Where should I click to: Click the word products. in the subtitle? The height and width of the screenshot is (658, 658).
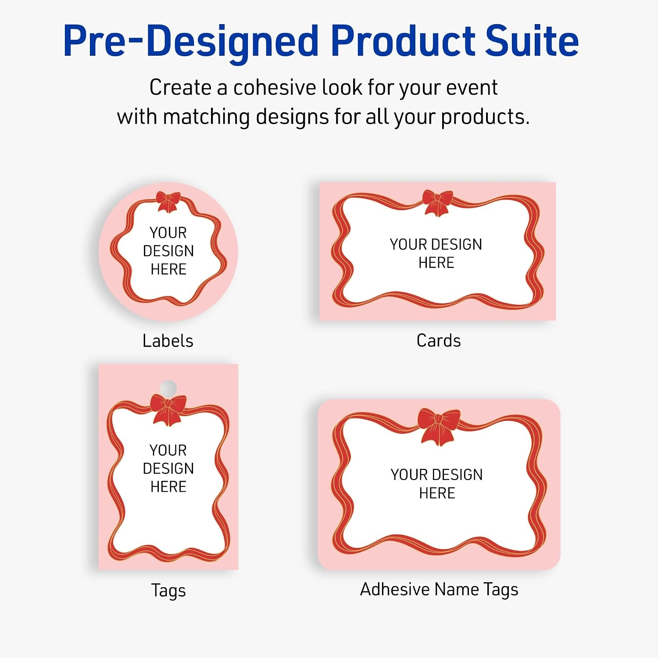[x=485, y=118]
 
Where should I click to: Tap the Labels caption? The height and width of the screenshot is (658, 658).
[x=168, y=341]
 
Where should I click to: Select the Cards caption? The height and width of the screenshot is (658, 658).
[x=439, y=340]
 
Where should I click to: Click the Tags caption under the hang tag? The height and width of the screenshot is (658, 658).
[x=168, y=590]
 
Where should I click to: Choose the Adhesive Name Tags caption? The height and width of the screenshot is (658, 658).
[x=439, y=590]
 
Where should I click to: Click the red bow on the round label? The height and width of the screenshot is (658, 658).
[x=168, y=202]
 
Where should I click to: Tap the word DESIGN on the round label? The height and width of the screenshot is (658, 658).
[x=168, y=251]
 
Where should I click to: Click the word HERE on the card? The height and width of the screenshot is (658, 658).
[x=436, y=263]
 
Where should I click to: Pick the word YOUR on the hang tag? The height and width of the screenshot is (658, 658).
[x=168, y=450]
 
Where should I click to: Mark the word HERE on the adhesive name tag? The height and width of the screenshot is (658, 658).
[x=437, y=493]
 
